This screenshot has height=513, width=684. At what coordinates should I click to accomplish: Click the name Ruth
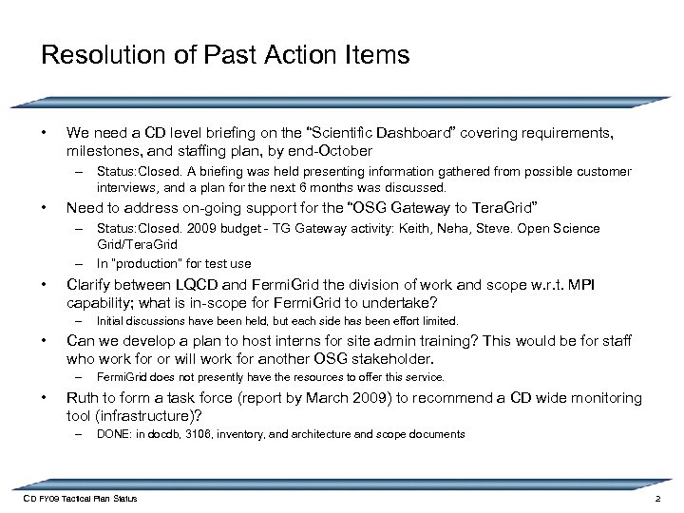coord(84,398)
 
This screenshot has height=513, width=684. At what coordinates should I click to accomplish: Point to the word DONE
coord(113,434)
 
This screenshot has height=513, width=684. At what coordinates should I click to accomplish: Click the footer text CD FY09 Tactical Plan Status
coord(81,499)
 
